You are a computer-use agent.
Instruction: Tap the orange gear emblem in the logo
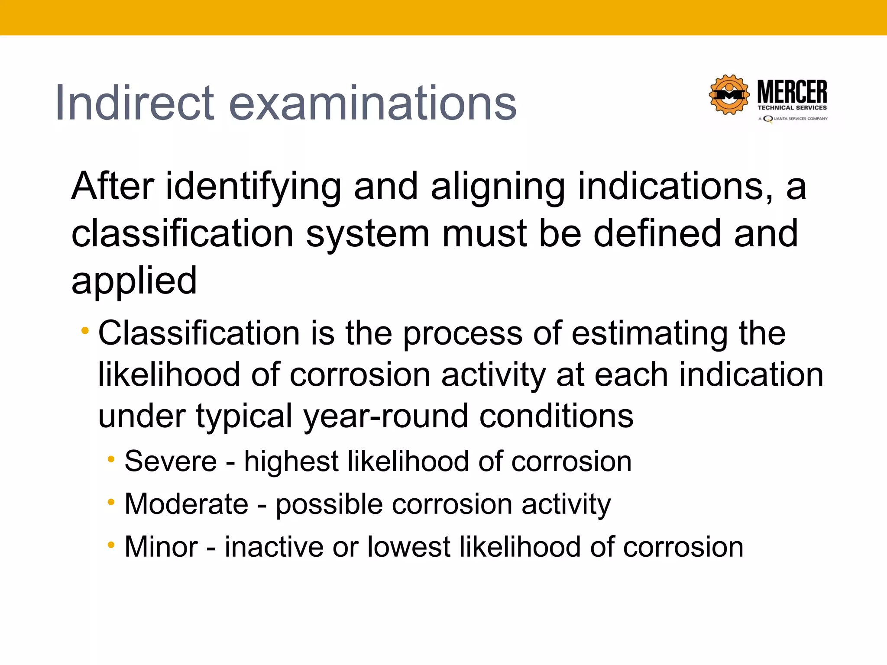pos(729,95)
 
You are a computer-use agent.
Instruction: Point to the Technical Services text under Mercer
pos(792,108)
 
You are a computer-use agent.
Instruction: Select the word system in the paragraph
pos(368,234)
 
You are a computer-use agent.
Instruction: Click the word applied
pos(134,281)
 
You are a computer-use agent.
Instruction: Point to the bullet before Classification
pos(85,332)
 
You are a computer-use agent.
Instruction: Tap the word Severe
pos(171,461)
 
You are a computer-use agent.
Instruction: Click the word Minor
pos(161,547)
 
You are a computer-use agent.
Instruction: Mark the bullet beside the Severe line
pos(111,459)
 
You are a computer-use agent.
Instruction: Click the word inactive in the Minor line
pos(273,547)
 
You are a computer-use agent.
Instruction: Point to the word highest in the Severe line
pos(291,461)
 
